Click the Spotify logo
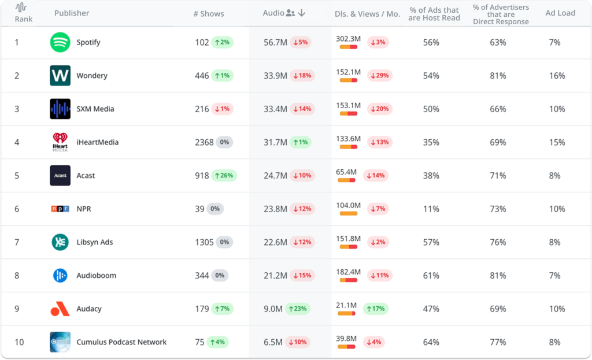tap(60, 42)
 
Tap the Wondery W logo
tap(60, 76)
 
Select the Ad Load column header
tap(561, 13)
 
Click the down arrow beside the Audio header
tap(302, 13)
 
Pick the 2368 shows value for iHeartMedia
tap(204, 142)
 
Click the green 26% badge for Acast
tap(224, 176)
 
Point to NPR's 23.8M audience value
tap(275, 209)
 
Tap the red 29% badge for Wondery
tap(378, 76)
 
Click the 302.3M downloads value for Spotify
tap(348, 39)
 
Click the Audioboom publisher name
tap(96, 276)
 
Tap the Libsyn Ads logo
tap(60, 242)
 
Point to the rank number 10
tap(19, 342)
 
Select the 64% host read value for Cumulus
tap(431, 342)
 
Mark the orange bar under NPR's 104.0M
tap(349, 214)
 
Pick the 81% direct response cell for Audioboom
tap(498, 276)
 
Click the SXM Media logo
tap(60, 109)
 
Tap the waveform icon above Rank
tap(21, 8)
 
